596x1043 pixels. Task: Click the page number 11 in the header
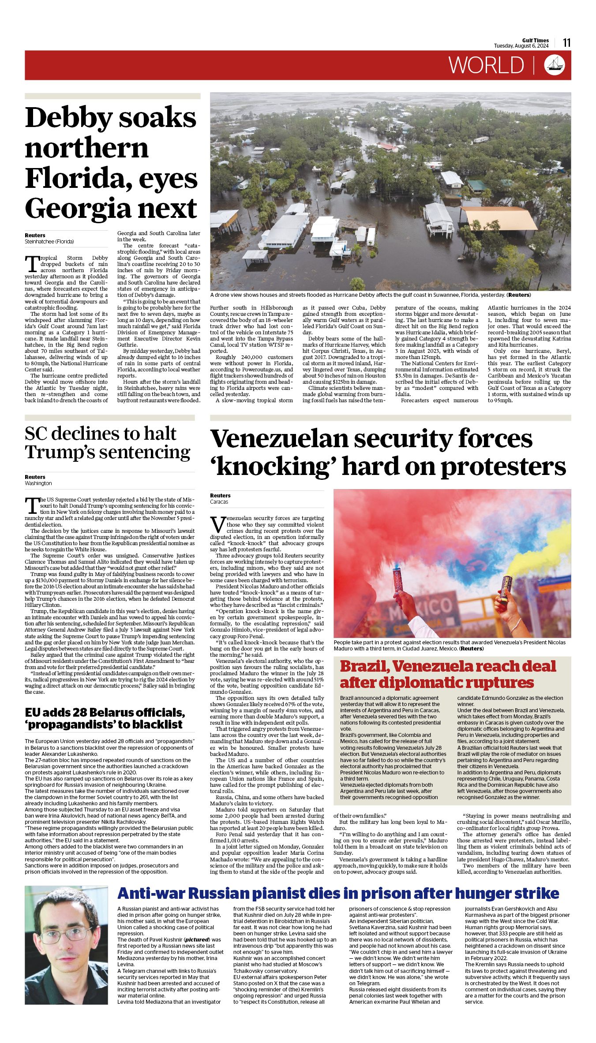point(566,43)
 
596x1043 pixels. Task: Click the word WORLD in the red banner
point(486,65)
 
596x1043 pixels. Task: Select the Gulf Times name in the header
point(535,40)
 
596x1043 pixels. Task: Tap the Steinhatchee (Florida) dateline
point(49,242)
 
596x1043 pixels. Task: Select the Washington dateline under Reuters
point(38,483)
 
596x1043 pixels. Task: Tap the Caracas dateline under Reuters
point(219,501)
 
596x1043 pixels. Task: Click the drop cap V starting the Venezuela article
point(218,524)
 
